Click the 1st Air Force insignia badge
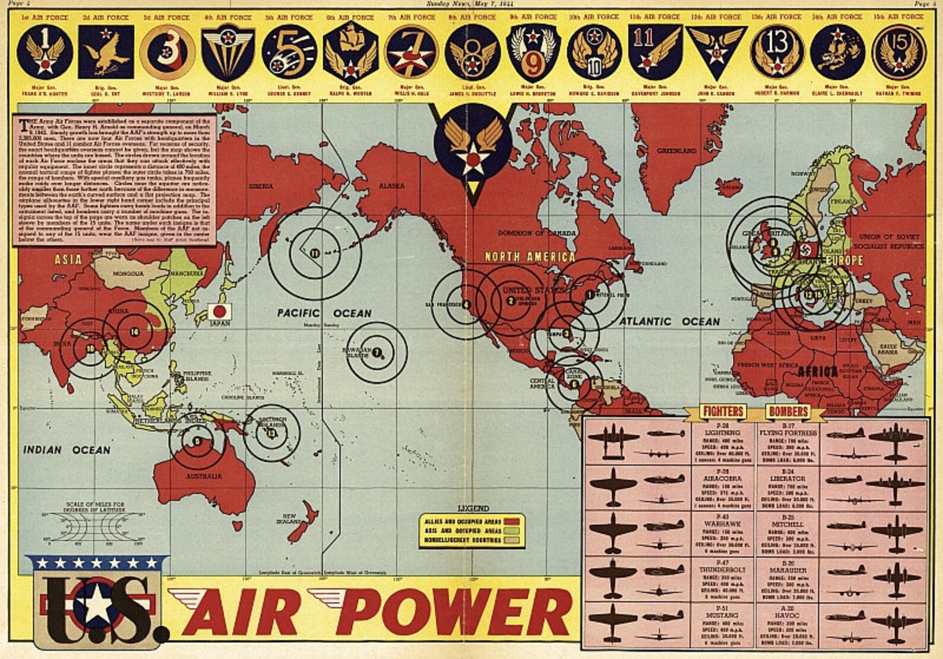pos(45,52)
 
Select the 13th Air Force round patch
pos(777,52)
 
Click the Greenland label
pos(676,151)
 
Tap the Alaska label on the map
pos(391,186)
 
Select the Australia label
pos(204,476)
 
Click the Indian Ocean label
pos(67,449)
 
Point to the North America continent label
pos(530,257)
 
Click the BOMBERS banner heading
pos(788,411)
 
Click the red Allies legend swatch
pos(512,521)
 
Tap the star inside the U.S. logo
pos(98,606)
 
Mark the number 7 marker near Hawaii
pos(376,352)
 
